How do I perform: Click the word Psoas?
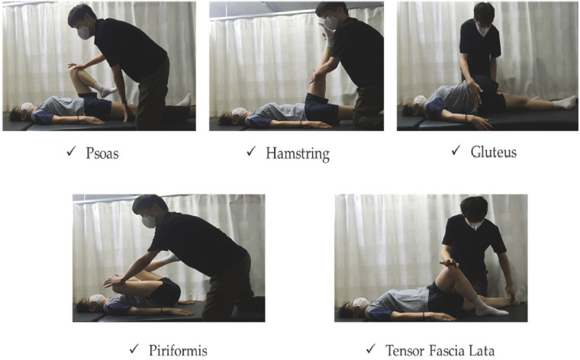click(x=102, y=153)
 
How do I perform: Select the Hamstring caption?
click(x=298, y=154)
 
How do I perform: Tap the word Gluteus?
click(x=494, y=152)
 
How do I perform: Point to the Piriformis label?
click(x=178, y=351)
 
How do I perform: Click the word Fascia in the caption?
click(x=446, y=350)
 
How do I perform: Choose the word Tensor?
click(x=404, y=350)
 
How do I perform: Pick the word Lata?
click(x=482, y=350)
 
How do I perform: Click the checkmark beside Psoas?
click(x=72, y=151)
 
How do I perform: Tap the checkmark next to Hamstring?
click(x=251, y=151)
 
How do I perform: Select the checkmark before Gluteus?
click(x=456, y=150)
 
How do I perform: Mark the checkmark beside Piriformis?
click(x=134, y=348)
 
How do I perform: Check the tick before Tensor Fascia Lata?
click(x=371, y=348)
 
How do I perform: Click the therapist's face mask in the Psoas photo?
click(x=85, y=33)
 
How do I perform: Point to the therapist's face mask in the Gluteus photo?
click(x=483, y=30)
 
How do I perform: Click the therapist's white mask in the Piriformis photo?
click(x=149, y=221)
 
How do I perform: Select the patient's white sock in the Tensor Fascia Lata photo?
click(x=488, y=307)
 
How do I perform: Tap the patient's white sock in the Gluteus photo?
click(x=565, y=102)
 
